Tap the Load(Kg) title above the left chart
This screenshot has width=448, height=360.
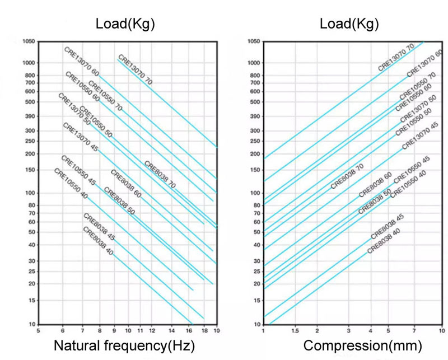coord(125,24)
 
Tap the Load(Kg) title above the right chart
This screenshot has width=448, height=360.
coord(349,24)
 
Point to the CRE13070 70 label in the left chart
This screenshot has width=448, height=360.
coord(135,69)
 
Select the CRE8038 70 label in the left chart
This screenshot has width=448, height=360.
coord(160,175)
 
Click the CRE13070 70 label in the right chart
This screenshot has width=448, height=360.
coord(399,57)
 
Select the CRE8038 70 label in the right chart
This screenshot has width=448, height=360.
coord(348,176)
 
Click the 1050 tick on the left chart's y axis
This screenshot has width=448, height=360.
coord(29,41)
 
